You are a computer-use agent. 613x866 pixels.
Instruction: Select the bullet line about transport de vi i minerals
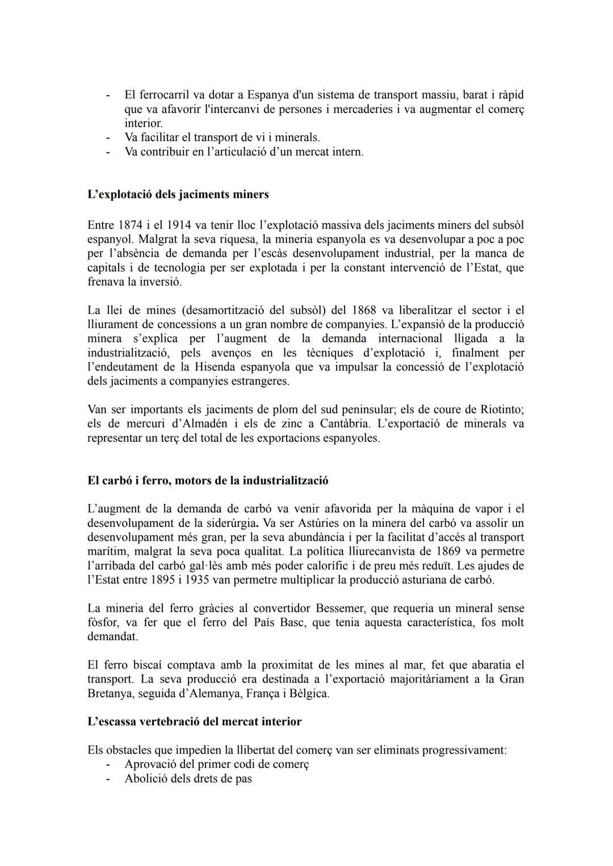[x=222, y=137]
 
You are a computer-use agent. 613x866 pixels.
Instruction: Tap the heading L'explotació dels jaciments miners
[x=178, y=194]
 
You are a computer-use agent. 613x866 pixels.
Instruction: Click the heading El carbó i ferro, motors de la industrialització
[x=208, y=480]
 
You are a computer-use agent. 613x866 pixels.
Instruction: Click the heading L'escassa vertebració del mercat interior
[x=195, y=722]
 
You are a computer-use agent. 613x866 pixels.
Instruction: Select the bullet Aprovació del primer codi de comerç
[x=216, y=764]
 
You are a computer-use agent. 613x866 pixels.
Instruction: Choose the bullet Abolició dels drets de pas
[x=188, y=779]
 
